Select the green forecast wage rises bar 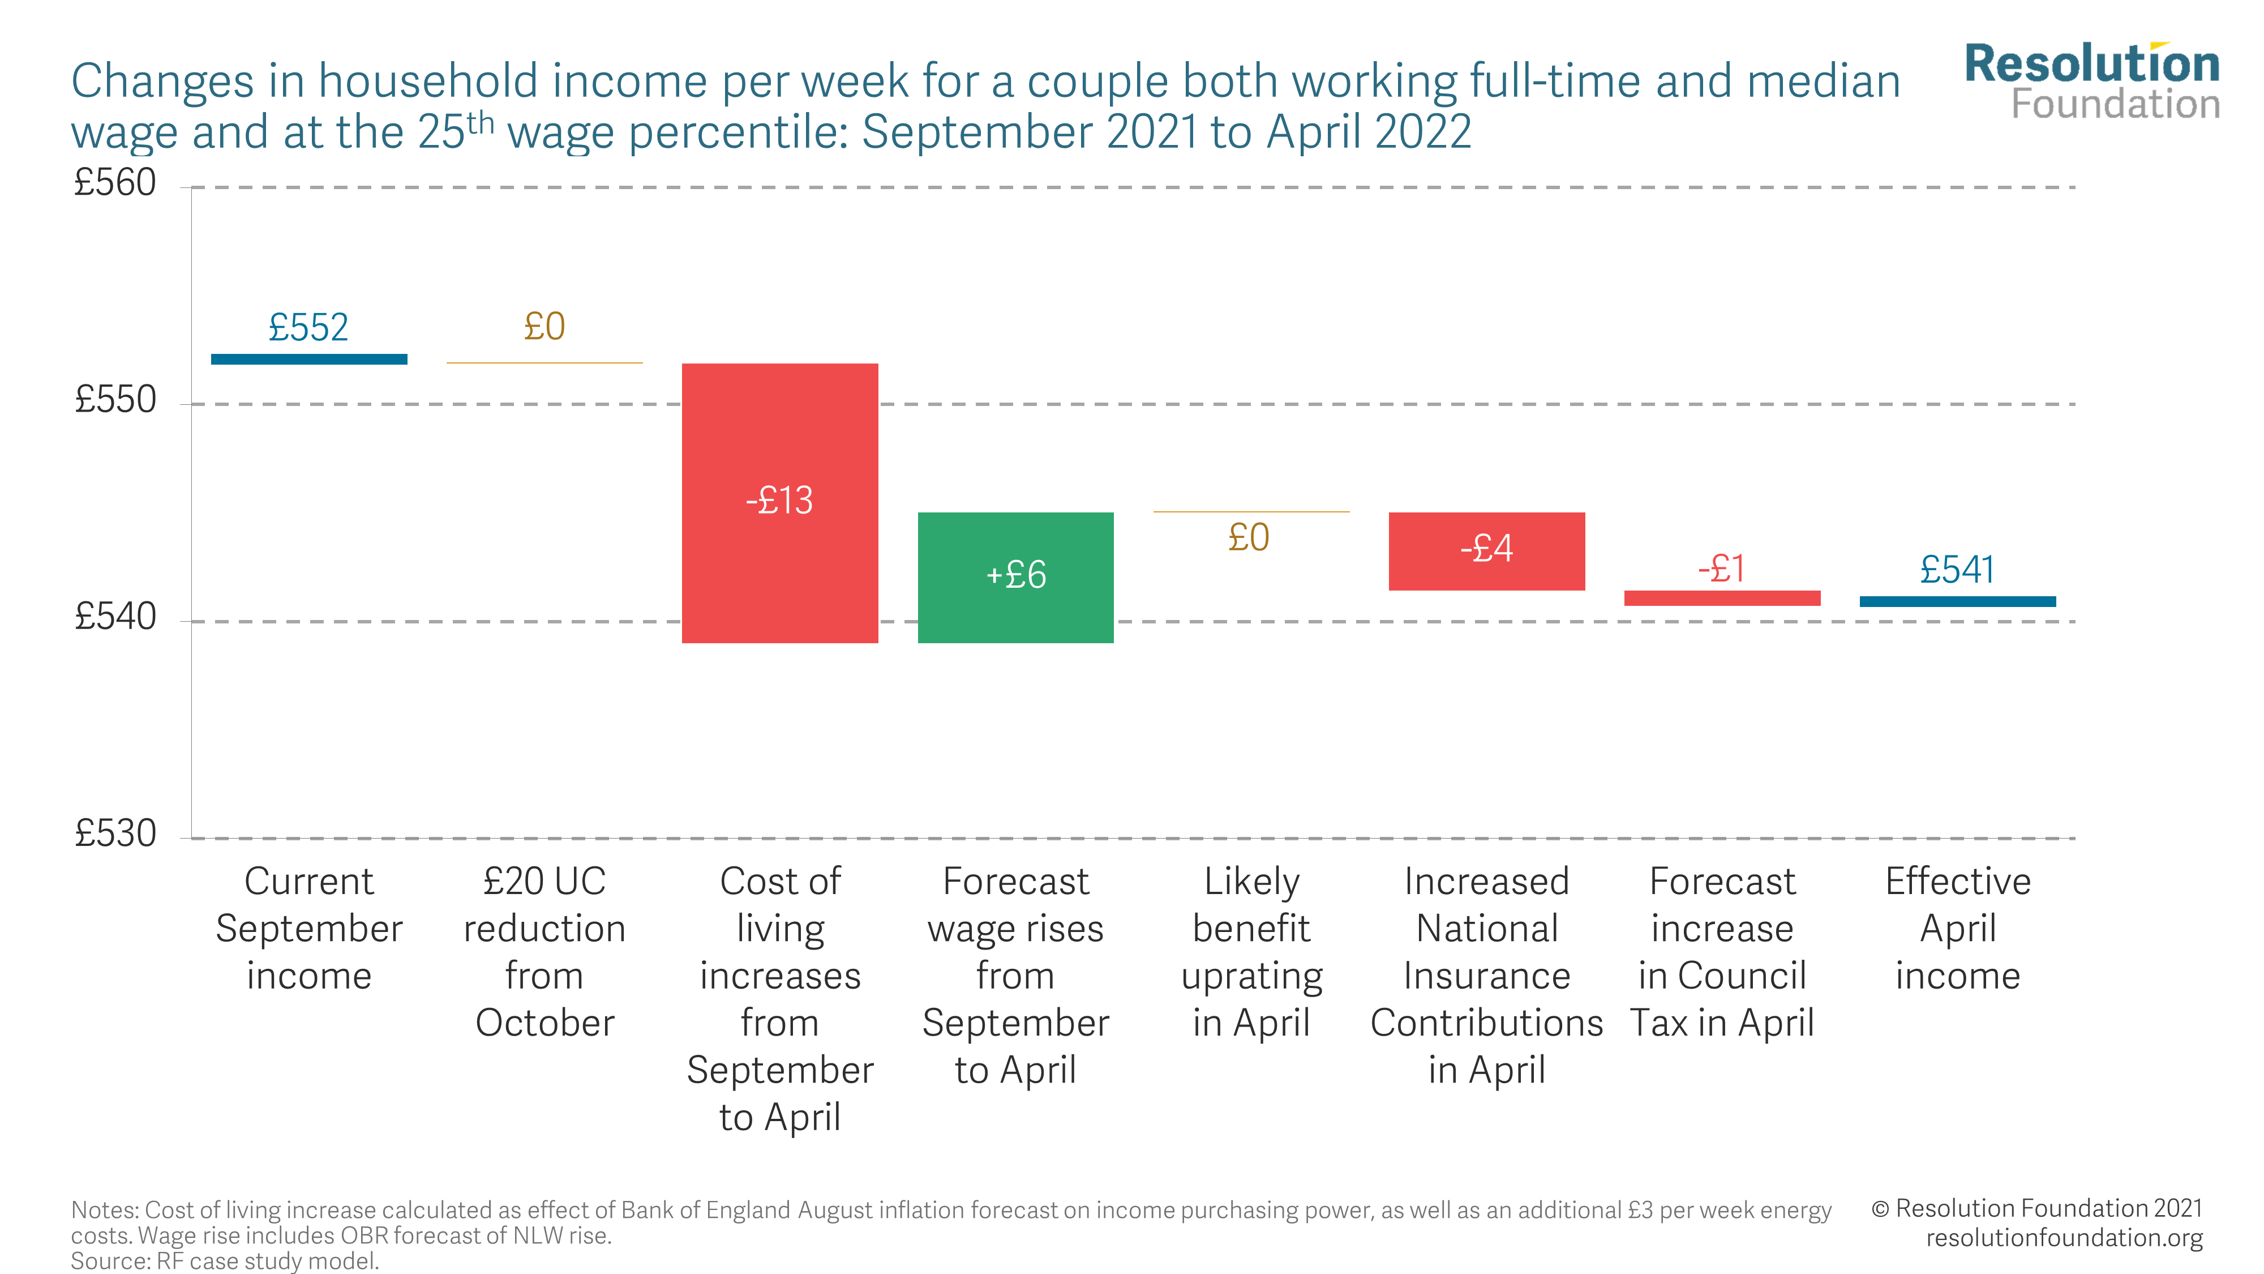pyautogui.click(x=1015, y=615)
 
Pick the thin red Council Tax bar pyautogui.click(x=1722, y=598)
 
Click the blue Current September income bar pyautogui.click(x=308, y=359)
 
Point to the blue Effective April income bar pyautogui.click(x=1957, y=601)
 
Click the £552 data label pyautogui.click(x=308, y=328)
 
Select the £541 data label pyautogui.click(x=1957, y=570)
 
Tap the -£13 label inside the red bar pyautogui.click(x=779, y=501)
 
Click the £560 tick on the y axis pyautogui.click(x=115, y=183)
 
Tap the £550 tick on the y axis pyautogui.click(x=115, y=400)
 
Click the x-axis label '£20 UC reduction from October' pyautogui.click(x=544, y=952)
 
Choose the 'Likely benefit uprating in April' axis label pyautogui.click(x=1251, y=952)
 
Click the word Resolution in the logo pyautogui.click(x=2092, y=64)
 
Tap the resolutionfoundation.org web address pyautogui.click(x=2064, y=1237)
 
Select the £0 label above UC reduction pyautogui.click(x=544, y=327)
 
